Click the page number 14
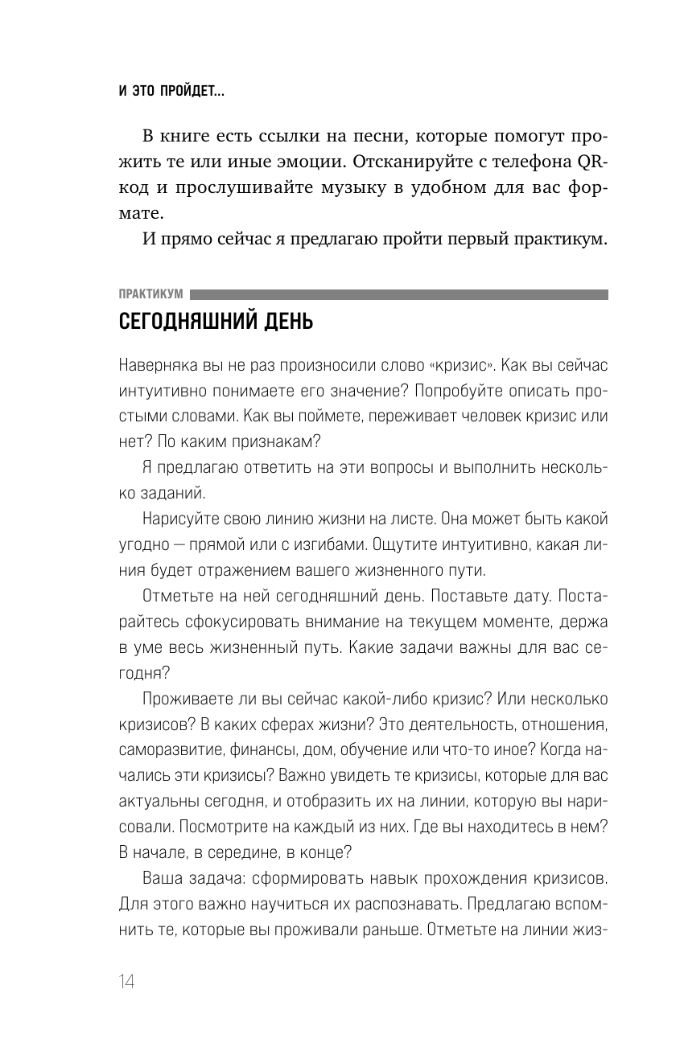coord(126,983)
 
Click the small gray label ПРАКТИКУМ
coord(150,295)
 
